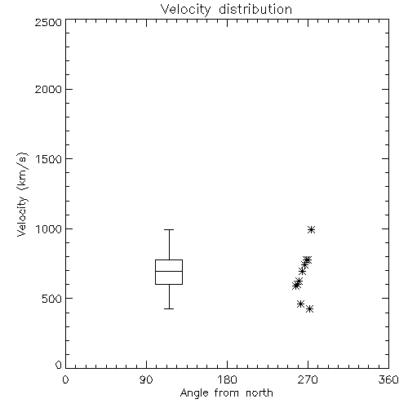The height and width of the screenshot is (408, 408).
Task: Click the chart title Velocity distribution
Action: [x=226, y=10]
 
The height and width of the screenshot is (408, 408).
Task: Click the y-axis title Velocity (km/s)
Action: [x=22, y=194]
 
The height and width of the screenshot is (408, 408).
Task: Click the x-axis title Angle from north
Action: [x=226, y=392]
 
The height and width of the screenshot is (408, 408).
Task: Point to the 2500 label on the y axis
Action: [x=48, y=22]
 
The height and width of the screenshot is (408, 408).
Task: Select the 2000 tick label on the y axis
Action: [x=48, y=89]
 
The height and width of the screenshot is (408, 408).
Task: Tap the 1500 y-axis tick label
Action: [x=49, y=159]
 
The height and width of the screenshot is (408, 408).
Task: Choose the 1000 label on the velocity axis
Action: [x=49, y=228]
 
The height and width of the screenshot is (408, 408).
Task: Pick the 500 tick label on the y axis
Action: [x=52, y=299]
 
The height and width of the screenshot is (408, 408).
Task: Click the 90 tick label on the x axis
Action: [x=146, y=379]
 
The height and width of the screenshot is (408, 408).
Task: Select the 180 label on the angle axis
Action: [x=227, y=379]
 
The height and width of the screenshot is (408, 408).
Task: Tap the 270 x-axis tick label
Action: [x=308, y=379]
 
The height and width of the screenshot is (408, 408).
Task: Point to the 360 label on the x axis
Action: [x=388, y=379]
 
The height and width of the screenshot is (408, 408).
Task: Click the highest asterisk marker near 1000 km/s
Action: [x=311, y=230]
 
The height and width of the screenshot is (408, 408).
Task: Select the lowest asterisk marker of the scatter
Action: [x=309, y=308]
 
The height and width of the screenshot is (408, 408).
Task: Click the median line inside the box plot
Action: [x=169, y=271]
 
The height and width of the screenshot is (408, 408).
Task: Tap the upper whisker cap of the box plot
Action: [x=169, y=230]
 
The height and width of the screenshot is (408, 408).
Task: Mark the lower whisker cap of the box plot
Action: [x=169, y=308]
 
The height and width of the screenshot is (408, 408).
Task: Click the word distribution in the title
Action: [x=255, y=10]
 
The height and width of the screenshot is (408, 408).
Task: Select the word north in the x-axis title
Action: [x=259, y=392]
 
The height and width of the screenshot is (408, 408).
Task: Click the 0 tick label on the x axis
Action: [x=65, y=379]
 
